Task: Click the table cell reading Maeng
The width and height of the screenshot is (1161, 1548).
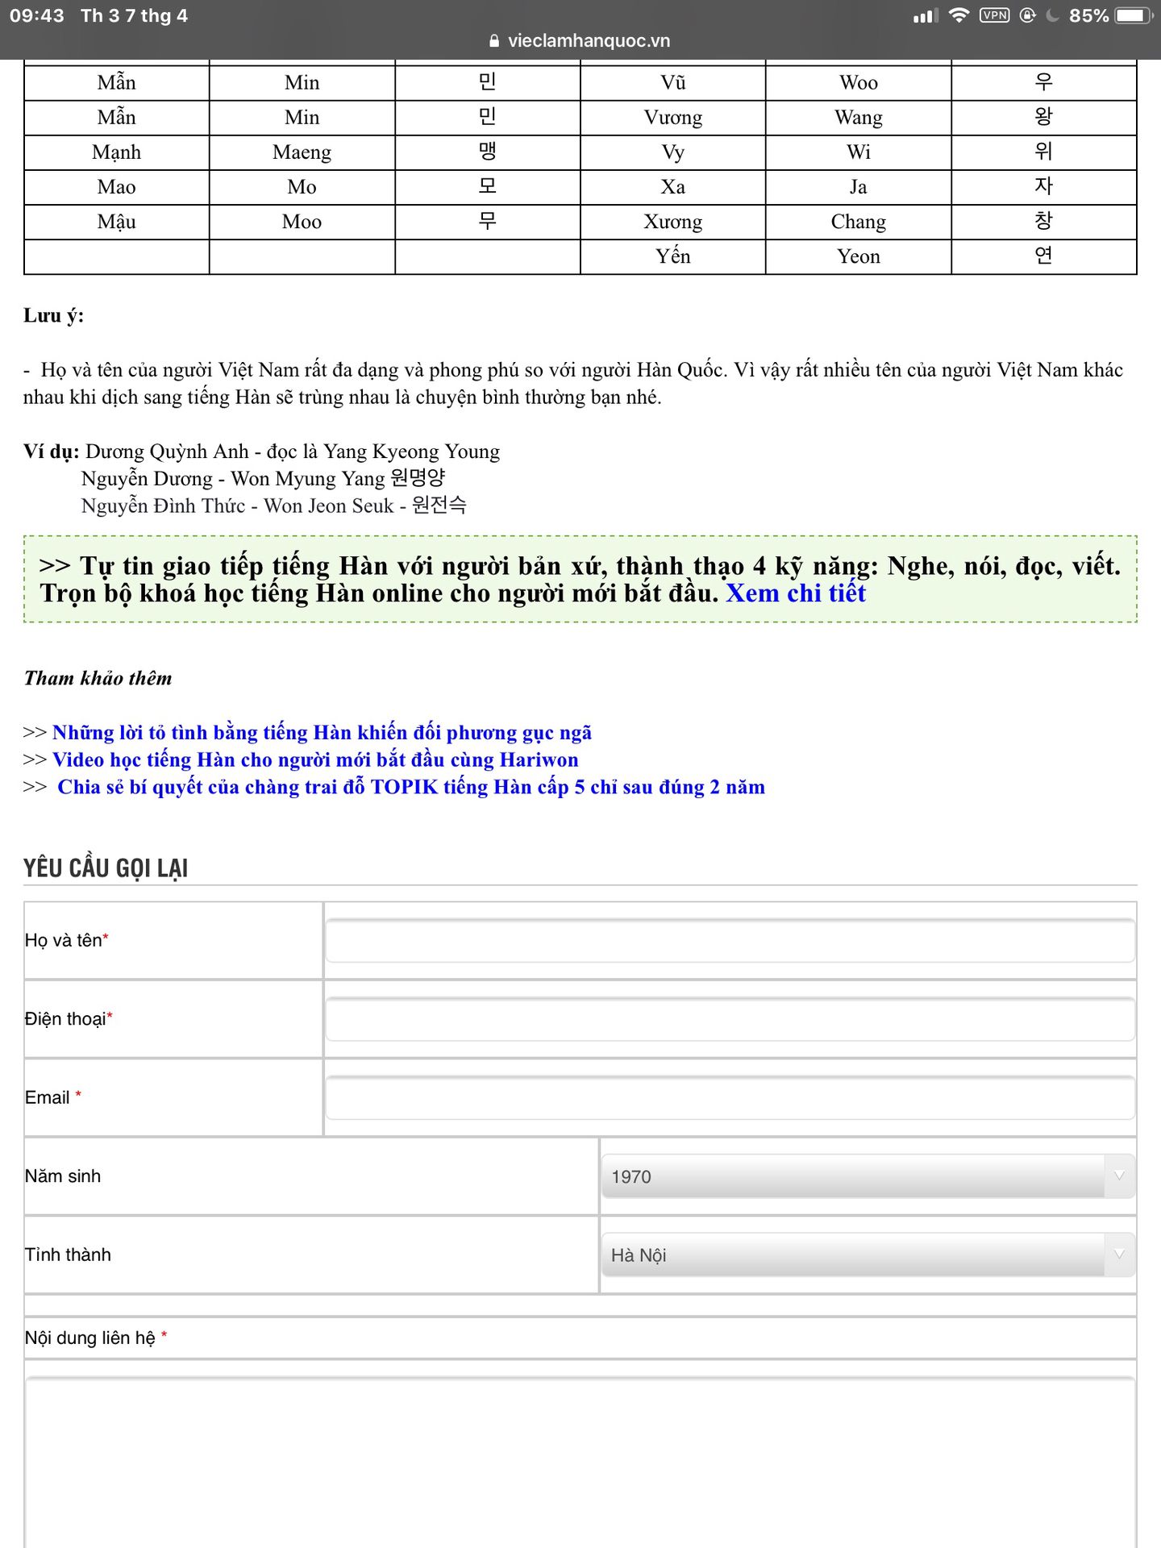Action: click(302, 152)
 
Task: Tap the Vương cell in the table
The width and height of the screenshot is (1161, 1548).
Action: click(672, 118)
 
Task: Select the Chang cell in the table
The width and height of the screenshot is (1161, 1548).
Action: click(858, 222)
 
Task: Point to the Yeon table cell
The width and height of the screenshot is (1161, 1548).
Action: click(858, 256)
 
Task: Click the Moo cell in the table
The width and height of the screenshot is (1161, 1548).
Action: click(302, 222)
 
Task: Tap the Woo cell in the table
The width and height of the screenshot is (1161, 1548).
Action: click(858, 83)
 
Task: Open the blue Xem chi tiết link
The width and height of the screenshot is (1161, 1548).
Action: click(795, 593)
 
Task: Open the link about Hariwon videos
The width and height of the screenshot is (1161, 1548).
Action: click(315, 759)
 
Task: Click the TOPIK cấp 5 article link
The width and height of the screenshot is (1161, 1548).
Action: click(410, 787)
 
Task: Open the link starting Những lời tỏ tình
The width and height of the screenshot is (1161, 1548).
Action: click(322, 732)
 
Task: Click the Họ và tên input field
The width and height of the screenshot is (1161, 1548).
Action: click(730, 941)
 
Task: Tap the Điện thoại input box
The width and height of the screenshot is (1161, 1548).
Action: click(730, 1019)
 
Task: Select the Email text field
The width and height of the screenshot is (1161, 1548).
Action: click(730, 1097)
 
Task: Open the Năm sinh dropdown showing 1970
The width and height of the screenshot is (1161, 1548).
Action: click(868, 1176)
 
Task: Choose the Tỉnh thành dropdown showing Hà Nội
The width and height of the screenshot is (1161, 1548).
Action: click(868, 1255)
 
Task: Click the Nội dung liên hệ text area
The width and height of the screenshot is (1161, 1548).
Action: click(580, 1459)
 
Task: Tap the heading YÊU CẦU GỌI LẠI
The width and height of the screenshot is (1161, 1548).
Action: click(106, 868)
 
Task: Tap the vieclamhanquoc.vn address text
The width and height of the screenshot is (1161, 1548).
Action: click(589, 41)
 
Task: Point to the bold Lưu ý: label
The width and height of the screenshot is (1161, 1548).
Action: click(53, 315)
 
